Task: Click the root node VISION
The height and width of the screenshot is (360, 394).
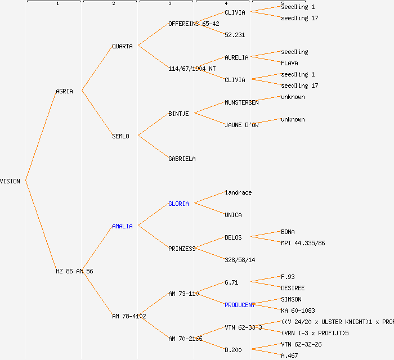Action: [x=10, y=181]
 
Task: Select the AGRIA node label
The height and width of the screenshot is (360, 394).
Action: [x=64, y=91]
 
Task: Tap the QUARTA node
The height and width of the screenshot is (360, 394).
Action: [x=122, y=46]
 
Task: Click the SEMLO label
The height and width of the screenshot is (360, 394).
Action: [x=120, y=136]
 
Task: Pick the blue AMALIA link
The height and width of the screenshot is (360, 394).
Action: [x=122, y=226]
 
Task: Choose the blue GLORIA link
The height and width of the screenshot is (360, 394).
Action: [x=178, y=204]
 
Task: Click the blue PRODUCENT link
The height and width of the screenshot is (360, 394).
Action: [x=240, y=305]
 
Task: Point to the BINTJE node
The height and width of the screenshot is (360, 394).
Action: [x=178, y=114]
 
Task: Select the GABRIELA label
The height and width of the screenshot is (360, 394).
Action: [x=182, y=159]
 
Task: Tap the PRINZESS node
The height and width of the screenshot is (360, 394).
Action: [x=182, y=249]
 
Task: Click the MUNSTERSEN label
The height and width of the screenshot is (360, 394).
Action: [x=241, y=102]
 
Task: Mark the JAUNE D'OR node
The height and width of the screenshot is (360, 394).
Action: [x=241, y=125]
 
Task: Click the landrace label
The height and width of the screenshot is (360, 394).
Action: [x=238, y=192]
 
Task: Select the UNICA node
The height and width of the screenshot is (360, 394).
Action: [x=233, y=215]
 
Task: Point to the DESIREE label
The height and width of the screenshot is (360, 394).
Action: [x=293, y=288]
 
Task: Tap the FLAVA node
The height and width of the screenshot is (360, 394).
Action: [x=289, y=63]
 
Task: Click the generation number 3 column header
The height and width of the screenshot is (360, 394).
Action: [x=169, y=4]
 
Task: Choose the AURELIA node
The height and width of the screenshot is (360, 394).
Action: [x=236, y=57]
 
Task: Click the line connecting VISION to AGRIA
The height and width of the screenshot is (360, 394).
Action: [x=40, y=136]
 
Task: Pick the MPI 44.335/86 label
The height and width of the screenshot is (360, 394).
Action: [x=303, y=243]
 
